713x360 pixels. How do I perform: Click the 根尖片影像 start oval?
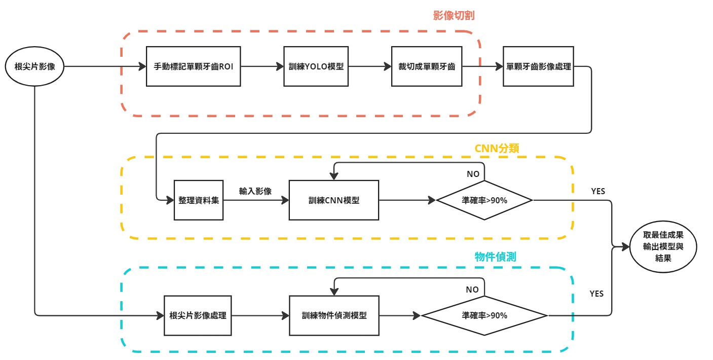pos(34,66)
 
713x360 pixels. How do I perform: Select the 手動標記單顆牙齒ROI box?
pos(193,66)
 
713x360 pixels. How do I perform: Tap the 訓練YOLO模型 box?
pos(316,66)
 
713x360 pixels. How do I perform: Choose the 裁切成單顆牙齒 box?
pos(427,66)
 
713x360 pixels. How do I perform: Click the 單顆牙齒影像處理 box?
pos(539,66)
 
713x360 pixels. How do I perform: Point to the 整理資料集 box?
pos(199,200)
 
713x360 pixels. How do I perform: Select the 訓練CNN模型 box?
pos(333,200)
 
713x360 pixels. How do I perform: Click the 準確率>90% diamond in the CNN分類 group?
pos(484,200)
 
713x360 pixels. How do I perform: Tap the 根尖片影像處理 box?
pos(198,315)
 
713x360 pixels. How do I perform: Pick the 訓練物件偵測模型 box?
pos(333,315)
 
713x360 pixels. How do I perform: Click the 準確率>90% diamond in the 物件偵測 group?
pos(484,315)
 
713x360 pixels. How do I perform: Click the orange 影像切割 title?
pos(454,16)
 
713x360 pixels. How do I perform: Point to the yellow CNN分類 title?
pos(497,148)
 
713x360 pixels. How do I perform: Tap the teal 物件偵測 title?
pos(495,257)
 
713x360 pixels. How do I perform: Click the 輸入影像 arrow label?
pos(255,191)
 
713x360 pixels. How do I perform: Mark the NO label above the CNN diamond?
pos(473,174)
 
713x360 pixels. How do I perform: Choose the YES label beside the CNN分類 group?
pos(598,191)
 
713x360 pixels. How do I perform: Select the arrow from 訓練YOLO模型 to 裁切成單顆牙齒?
pos(370,66)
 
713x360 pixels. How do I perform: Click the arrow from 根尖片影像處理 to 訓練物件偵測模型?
pos(260,315)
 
